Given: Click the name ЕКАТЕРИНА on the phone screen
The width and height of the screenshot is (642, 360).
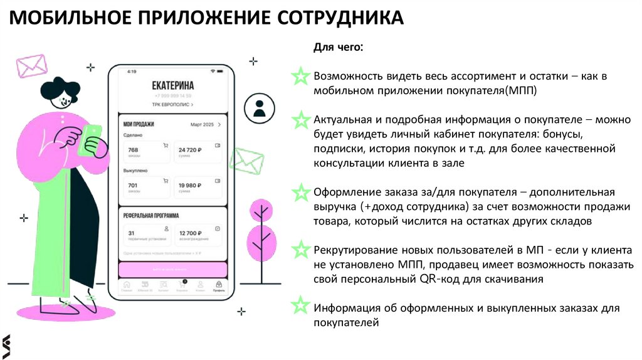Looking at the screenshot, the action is pyautogui.click(x=172, y=86).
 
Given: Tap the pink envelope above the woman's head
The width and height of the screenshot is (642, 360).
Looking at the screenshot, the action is pyautogui.click(x=32, y=65).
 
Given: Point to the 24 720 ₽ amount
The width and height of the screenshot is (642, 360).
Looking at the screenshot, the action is pyautogui.click(x=190, y=150).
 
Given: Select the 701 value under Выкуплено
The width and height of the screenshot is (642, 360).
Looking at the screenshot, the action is pyautogui.click(x=133, y=185).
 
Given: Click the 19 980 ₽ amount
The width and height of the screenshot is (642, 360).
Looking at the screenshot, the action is pyautogui.click(x=190, y=185).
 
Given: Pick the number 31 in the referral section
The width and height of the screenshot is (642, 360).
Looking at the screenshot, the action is pyautogui.click(x=132, y=233).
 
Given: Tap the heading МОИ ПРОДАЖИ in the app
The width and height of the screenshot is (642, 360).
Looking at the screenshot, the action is pyautogui.click(x=139, y=125).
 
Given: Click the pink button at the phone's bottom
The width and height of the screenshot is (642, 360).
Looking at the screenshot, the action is pyautogui.click(x=172, y=269).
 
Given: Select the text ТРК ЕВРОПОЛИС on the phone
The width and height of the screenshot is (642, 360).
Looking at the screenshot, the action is pyautogui.click(x=171, y=105).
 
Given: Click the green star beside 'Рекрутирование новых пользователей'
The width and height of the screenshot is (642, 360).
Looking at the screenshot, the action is pyautogui.click(x=302, y=249).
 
